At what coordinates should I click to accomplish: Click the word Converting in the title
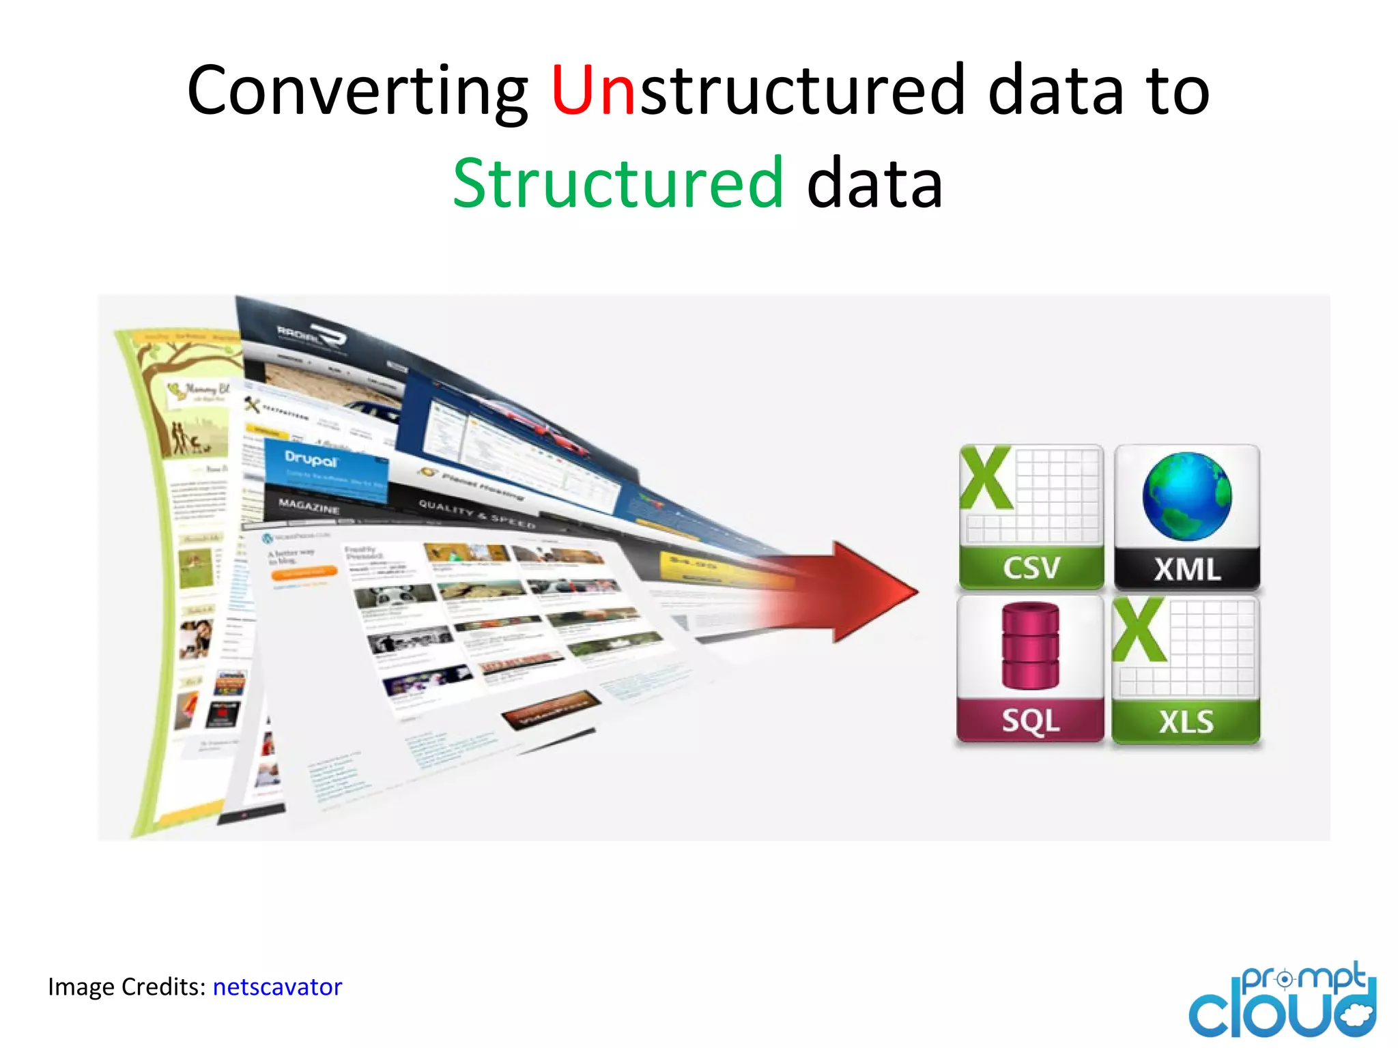coord(357,91)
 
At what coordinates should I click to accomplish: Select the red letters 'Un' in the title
coord(593,91)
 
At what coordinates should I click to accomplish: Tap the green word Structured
coord(618,183)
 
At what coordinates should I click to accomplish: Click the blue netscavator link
coord(277,987)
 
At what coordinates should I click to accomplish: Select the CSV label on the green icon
coord(1031,568)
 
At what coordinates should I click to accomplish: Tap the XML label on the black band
coord(1187,569)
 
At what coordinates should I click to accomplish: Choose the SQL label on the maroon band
coord(1031,720)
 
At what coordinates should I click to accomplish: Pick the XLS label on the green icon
coord(1186,722)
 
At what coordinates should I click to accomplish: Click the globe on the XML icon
coord(1187,496)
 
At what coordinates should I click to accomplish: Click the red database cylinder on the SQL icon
coord(1030,645)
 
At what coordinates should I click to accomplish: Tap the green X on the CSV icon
coord(986,478)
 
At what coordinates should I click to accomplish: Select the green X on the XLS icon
coord(1139,630)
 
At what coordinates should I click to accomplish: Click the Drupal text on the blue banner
coord(311,459)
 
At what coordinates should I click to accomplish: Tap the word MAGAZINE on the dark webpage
coord(309,506)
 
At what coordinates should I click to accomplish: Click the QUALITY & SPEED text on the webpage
coord(476,514)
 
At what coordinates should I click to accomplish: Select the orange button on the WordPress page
coord(304,572)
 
